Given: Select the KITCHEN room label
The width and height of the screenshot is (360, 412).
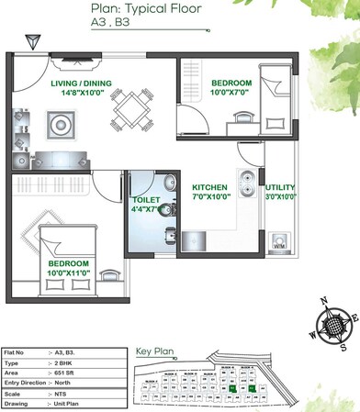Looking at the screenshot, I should coord(209,186).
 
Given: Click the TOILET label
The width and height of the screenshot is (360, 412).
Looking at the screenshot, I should coord(147,199).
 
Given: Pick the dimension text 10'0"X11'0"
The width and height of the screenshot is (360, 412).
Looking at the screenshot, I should coord(68,273).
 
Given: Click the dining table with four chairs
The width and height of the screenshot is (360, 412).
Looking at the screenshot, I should coord(131,109).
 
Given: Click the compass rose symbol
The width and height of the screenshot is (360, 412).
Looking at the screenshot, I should coord(332,328).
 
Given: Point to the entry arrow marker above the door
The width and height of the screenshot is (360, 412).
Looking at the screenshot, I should coord(33,41).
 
